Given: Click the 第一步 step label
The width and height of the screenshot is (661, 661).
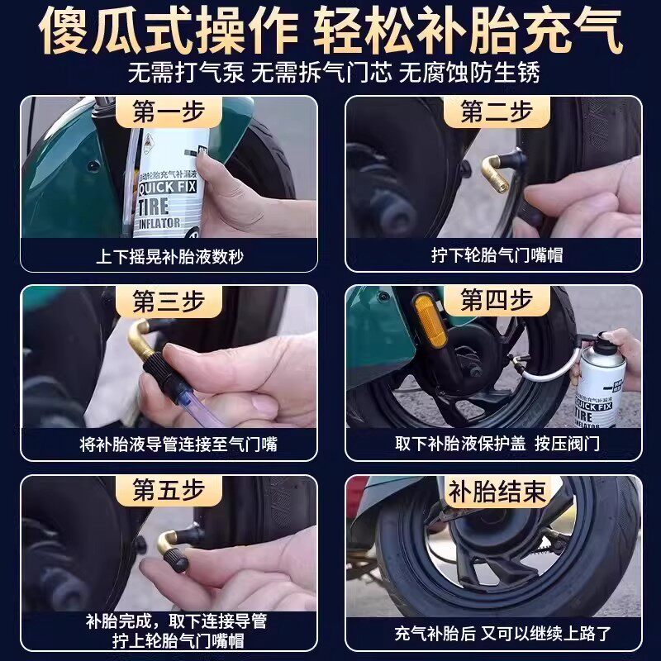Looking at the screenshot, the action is [x=169, y=112].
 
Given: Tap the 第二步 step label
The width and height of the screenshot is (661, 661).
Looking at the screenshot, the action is [x=497, y=112].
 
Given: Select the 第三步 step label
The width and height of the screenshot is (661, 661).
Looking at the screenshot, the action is [x=169, y=302].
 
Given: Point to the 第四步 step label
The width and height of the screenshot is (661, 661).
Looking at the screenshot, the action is [x=497, y=300].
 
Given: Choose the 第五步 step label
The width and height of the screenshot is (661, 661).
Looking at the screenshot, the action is [x=169, y=490].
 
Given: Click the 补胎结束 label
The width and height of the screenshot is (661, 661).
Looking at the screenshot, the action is [x=497, y=492].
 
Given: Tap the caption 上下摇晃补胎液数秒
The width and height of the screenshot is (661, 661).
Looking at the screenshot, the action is [x=170, y=256].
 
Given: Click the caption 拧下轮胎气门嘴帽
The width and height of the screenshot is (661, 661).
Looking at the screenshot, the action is [x=497, y=255].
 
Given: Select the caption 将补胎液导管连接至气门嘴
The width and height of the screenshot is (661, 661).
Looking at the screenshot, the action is [x=178, y=445].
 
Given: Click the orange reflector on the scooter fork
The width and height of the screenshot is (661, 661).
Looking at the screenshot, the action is [x=429, y=321].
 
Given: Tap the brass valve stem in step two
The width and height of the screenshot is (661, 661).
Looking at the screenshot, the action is [x=496, y=173].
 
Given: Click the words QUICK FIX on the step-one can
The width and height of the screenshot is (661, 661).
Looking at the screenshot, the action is [x=168, y=187].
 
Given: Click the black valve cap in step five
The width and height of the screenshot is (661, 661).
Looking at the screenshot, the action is [x=175, y=561].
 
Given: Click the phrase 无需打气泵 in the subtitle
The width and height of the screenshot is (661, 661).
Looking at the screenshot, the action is [x=186, y=72].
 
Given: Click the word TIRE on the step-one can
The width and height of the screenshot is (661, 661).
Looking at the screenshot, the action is [x=154, y=207].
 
